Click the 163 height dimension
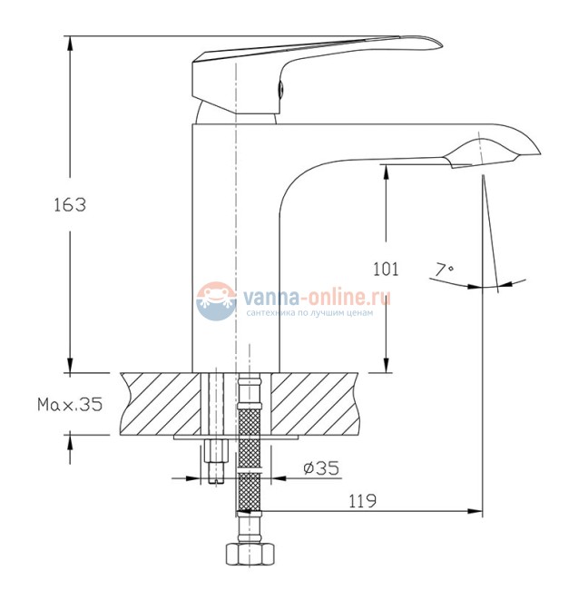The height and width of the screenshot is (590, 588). click(70, 205)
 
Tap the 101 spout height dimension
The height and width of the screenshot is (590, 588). click(386, 269)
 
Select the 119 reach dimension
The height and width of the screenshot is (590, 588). click(362, 501)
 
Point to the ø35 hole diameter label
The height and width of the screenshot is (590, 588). click(321, 468)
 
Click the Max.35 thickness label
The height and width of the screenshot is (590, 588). click(70, 405)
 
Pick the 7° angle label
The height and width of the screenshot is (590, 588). click(445, 270)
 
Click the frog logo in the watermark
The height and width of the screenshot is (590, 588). click(216, 301)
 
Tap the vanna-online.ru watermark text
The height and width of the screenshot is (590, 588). click(317, 297)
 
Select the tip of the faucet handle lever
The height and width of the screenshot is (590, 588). click(441, 44)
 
